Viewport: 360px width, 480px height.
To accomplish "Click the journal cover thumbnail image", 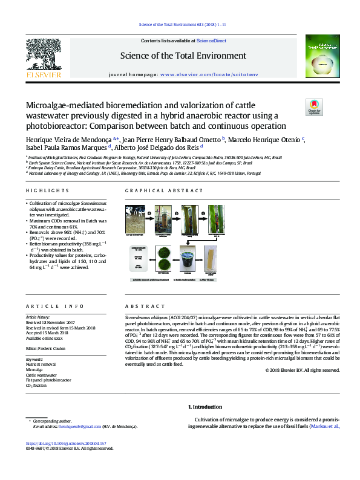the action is tap(318, 58).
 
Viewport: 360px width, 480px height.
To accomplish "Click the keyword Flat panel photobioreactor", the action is tap(48, 380).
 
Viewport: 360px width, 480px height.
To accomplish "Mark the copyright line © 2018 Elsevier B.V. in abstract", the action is tap(303, 370).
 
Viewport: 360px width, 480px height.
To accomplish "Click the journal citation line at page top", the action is tap(179, 25).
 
